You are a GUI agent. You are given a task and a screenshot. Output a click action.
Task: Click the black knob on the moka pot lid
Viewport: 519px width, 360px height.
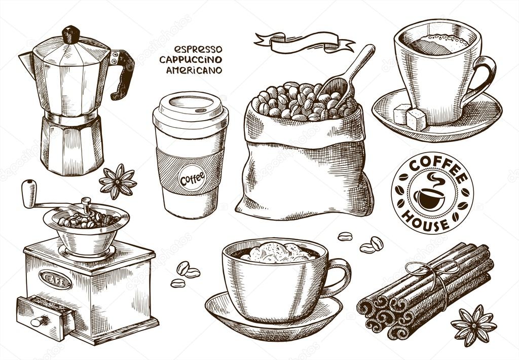click(71, 34)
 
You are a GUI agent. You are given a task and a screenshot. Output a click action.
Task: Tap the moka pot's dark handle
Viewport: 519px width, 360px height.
click(123, 74)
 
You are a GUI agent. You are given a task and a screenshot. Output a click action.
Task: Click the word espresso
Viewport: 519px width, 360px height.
click(198, 49)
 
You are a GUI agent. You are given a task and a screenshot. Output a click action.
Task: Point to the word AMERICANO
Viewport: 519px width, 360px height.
click(194, 70)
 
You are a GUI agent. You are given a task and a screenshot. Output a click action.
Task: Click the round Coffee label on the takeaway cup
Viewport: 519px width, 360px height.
click(192, 177)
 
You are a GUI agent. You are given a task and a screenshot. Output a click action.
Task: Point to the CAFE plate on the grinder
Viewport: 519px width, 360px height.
click(55, 279)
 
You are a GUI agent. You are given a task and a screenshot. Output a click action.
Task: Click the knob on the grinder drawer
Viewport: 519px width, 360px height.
click(37, 321)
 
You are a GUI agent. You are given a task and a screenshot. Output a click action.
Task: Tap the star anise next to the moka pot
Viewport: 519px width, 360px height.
click(118, 181)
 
